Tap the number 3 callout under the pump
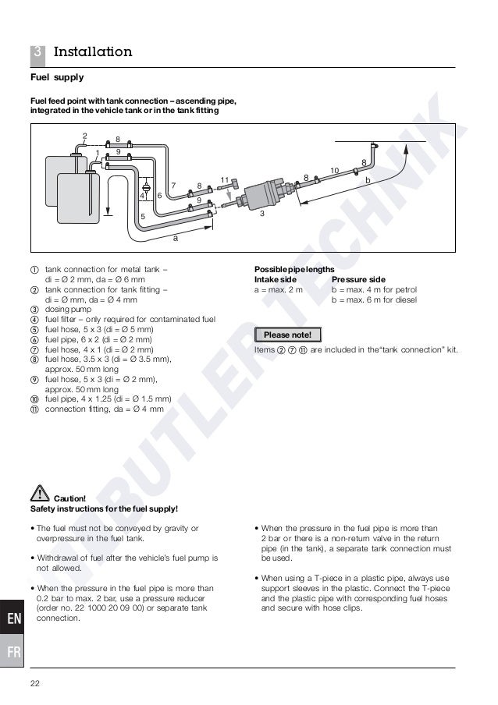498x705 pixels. click(x=262, y=213)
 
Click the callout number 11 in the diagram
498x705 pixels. click(x=224, y=179)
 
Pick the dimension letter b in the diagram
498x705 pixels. click(x=368, y=180)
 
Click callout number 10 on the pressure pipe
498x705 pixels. click(x=334, y=170)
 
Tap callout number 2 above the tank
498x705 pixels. click(x=84, y=136)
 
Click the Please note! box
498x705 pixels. click(x=288, y=335)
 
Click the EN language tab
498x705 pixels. click(x=14, y=619)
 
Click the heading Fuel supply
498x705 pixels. click(x=57, y=78)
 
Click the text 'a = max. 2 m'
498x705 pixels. click(x=278, y=289)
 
